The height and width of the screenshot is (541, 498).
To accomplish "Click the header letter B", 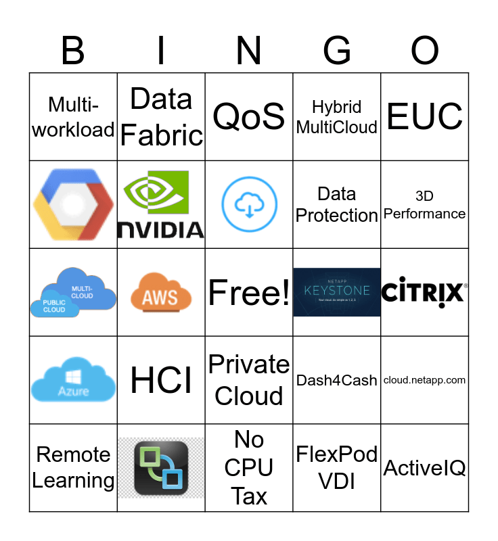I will coord(73,51).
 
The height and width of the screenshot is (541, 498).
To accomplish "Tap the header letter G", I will coord(337,51).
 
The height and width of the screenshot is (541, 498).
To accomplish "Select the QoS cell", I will coord(249,116).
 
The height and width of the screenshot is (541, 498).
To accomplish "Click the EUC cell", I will coord(425,116).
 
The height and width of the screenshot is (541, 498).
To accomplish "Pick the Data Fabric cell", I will coord(161,116).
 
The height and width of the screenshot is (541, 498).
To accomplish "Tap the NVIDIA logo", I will coord(161,204).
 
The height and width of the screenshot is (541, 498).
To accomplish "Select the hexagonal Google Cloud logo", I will coord(73,204).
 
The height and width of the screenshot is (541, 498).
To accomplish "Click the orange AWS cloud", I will coord(161,293).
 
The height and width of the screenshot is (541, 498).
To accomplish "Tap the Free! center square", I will coord(249,292).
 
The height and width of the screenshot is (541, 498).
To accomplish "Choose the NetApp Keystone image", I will coord(337,292).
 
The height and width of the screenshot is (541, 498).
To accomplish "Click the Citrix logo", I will coord(425,292).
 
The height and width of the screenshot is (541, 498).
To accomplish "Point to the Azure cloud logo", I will coord(73,381).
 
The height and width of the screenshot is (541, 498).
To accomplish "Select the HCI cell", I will coord(161,380).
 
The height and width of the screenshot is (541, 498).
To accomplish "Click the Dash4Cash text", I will coord(337,380).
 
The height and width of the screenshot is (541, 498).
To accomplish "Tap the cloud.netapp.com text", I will coord(425,380).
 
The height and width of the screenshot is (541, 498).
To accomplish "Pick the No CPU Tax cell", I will coord(249,468).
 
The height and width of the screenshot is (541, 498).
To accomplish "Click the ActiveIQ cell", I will coord(425,468).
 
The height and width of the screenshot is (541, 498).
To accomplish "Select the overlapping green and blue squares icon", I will coord(161,468).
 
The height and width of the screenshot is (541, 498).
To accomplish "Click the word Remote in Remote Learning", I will coord(73,454).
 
